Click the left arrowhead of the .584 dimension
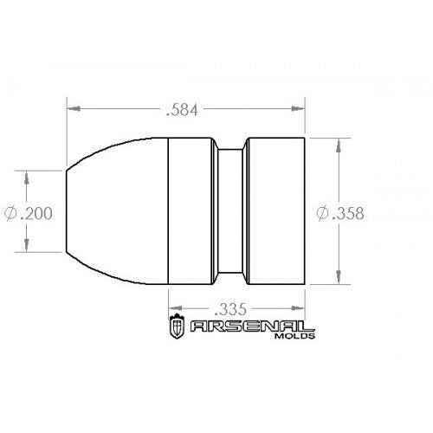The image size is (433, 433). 74,110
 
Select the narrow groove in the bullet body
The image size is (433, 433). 229,211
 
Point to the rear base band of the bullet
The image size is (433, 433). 275,211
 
